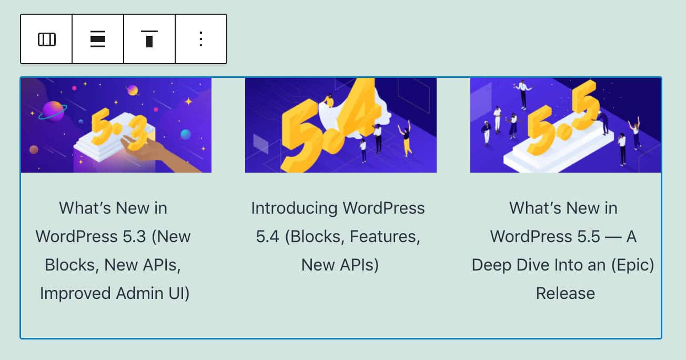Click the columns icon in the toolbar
(x=46, y=39)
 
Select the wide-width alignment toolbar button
(x=98, y=39)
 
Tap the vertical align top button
(x=149, y=39)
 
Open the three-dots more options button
(x=201, y=39)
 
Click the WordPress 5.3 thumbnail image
(x=116, y=125)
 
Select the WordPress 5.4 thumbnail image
(x=340, y=125)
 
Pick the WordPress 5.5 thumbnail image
(x=566, y=125)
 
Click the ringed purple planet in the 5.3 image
(x=53, y=111)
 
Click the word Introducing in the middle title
(x=294, y=208)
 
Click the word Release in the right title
(x=566, y=293)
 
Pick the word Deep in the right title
(x=492, y=265)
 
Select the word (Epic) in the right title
(x=631, y=265)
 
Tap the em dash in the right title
(x=614, y=237)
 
